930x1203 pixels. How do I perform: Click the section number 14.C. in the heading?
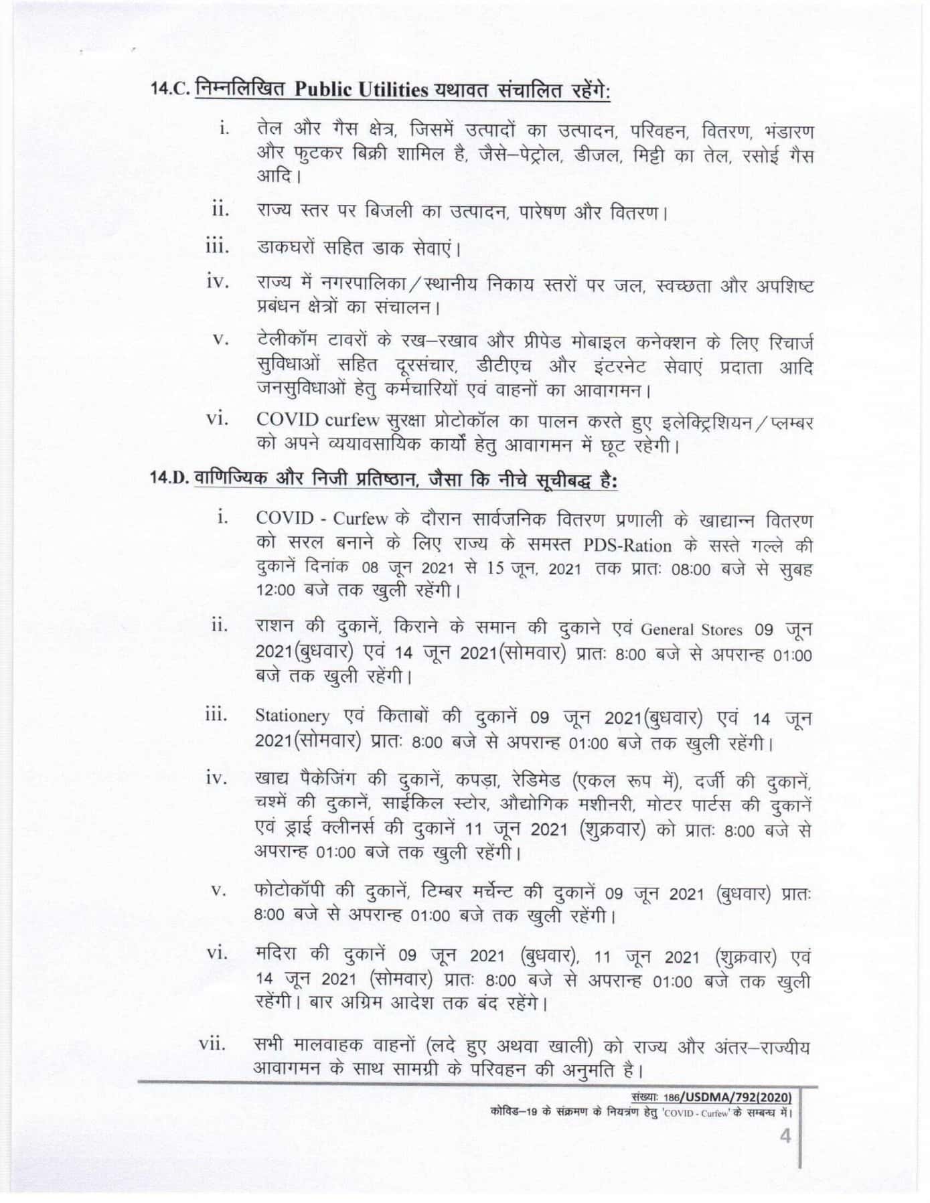coord(171,90)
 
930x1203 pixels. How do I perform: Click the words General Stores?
coord(691,630)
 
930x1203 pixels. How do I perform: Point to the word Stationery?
coord(293,716)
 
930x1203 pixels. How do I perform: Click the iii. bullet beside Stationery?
coord(216,716)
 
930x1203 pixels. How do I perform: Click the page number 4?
coord(785,1137)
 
